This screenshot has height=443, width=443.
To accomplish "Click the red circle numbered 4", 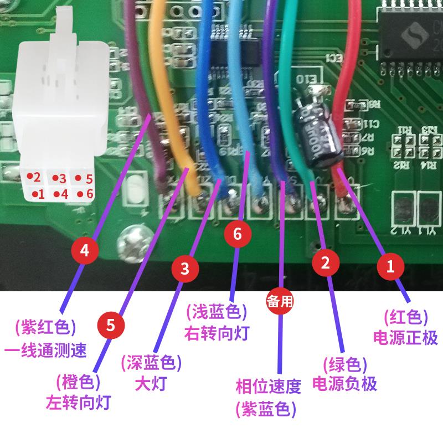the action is (x=85, y=250).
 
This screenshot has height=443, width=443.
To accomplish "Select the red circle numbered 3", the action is (x=185, y=269).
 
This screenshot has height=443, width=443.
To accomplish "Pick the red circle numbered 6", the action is (x=238, y=234).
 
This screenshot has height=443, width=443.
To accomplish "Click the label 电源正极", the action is (x=405, y=337).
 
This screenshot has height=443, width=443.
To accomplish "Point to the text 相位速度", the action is (x=268, y=387).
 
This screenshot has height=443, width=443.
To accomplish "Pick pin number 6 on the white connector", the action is (x=84, y=194).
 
